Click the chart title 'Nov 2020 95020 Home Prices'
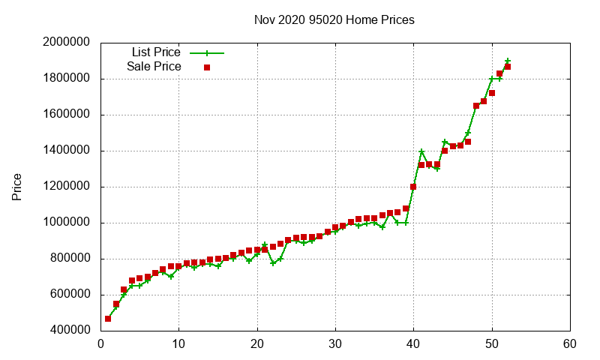334,19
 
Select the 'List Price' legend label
156,52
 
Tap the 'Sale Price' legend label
154,67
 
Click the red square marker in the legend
207,67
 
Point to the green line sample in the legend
207,53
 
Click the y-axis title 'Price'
17,187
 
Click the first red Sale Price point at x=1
108,319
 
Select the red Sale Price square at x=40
413,187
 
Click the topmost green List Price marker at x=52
508,61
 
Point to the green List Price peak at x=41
421,151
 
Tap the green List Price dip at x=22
273,263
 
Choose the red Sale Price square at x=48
476,106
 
